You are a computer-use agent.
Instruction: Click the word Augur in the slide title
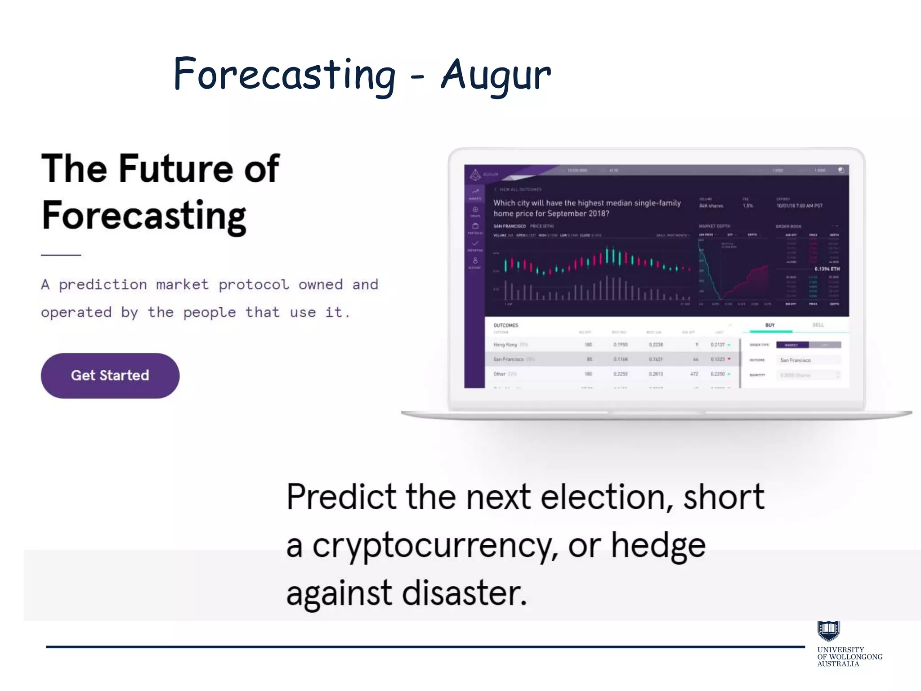pos(496,75)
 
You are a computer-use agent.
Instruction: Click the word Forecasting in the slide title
pos(284,75)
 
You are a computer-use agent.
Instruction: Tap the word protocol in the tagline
pos(254,285)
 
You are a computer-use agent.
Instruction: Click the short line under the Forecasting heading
pos(61,255)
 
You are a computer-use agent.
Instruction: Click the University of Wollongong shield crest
pos(828,630)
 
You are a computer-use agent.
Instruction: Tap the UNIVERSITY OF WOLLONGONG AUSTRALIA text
pos(849,657)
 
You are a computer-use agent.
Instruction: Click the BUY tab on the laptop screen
pos(770,325)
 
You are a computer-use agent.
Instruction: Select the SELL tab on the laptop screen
pos(818,325)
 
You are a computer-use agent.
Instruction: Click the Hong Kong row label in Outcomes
pos(505,345)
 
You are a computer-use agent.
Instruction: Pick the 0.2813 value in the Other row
pos(656,374)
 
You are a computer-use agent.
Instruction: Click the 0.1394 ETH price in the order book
pos(827,269)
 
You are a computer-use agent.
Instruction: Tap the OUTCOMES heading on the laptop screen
pos(506,325)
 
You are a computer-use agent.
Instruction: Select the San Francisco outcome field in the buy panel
pos(807,360)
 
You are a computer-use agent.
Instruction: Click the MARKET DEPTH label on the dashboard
pos(714,226)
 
